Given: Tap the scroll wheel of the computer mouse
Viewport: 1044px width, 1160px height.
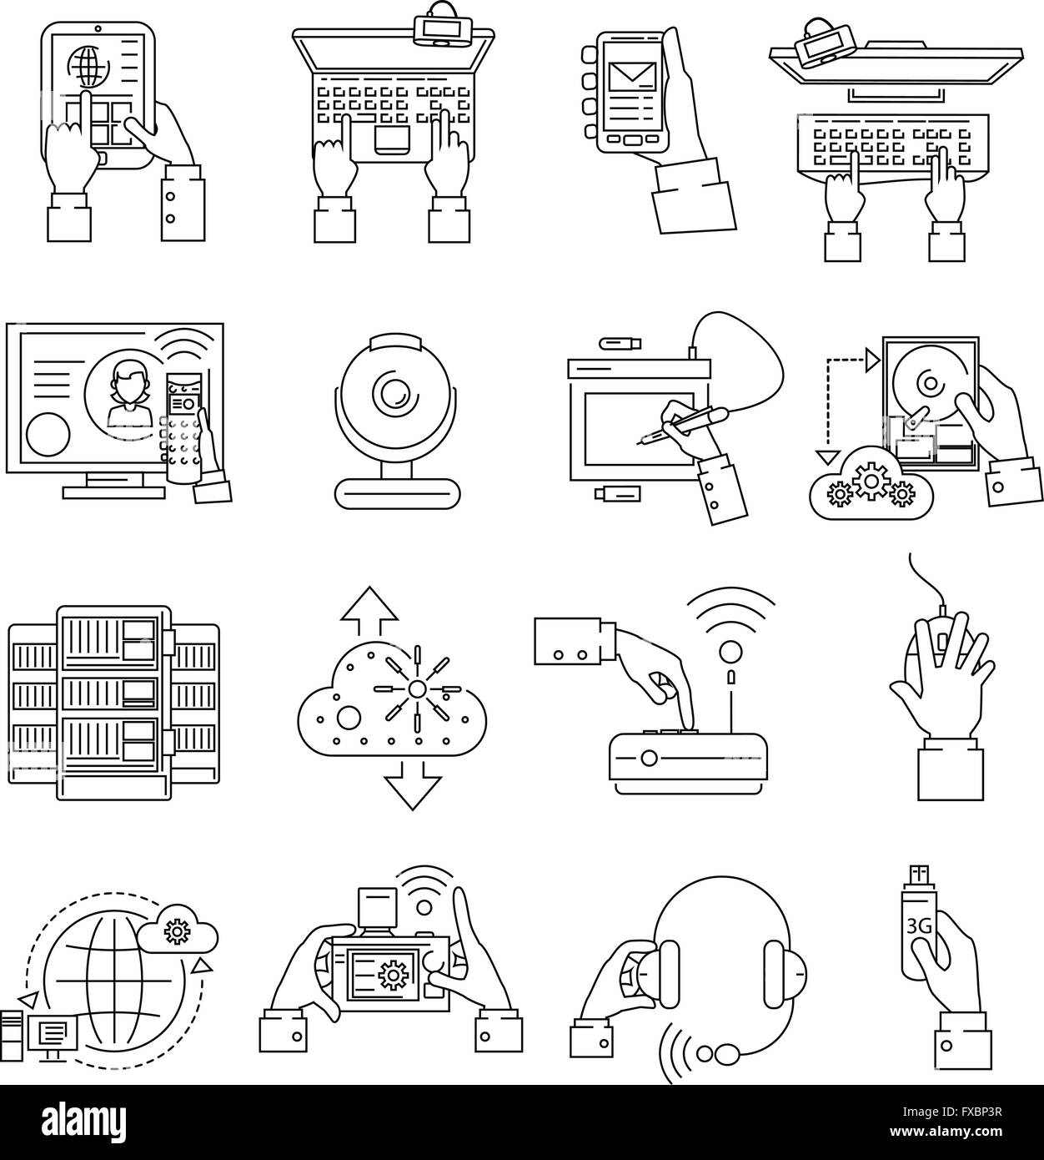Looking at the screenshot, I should click(943, 641).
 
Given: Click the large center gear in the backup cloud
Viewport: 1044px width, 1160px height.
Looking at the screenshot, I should click(870, 482).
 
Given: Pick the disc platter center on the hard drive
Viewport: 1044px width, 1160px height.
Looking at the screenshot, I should click(927, 384).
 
